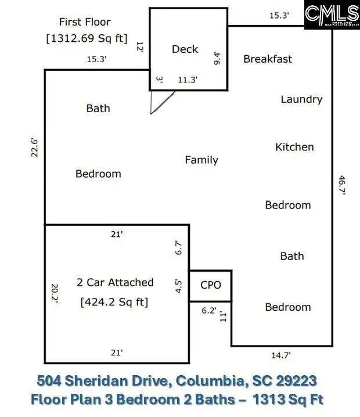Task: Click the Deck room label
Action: coord(185,49)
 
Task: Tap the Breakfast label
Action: coord(268,59)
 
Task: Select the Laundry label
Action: coord(301,99)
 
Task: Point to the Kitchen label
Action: coord(294,147)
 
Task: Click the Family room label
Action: coord(201,160)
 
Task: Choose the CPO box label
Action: coord(210,285)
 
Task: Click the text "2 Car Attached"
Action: coord(115,282)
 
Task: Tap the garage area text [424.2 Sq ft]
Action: coord(115,302)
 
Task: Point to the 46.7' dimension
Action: coord(341,186)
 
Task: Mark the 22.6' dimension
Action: coord(35,147)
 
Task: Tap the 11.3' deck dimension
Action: coord(188,81)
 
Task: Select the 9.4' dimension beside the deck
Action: coord(218,58)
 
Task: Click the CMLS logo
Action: coord(332,15)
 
